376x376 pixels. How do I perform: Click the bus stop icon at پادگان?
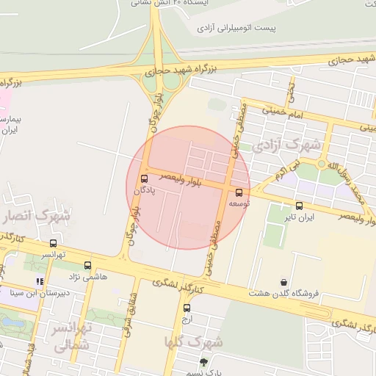click(144, 180)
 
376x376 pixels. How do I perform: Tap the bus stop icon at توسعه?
click(238, 192)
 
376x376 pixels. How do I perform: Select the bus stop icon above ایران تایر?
click(299, 206)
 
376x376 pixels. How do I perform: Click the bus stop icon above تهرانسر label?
click(53, 243)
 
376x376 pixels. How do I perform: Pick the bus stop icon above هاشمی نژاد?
click(88, 265)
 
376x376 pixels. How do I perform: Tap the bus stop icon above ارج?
click(187, 308)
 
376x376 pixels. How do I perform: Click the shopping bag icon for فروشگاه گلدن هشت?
click(284, 282)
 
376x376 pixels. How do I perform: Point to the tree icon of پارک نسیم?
click(203, 361)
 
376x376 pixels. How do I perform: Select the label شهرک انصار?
click(36, 216)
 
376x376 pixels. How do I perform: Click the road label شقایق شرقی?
click(133, 308)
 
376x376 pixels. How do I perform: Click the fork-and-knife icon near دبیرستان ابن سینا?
click(40, 281)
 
